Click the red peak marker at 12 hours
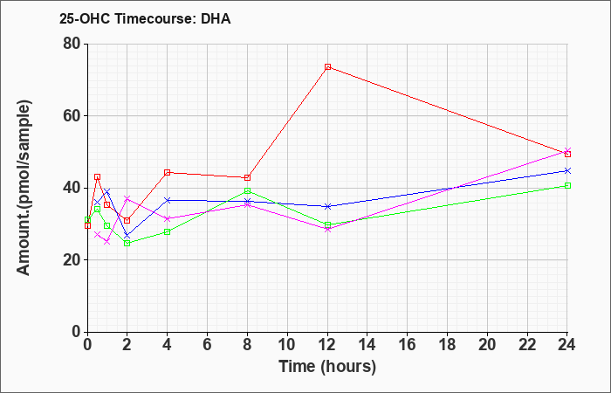pyautogui.click(x=327, y=67)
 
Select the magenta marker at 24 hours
pyautogui.click(x=567, y=150)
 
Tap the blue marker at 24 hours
pyautogui.click(x=567, y=171)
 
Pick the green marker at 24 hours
pyautogui.click(x=567, y=185)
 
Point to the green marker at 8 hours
pyautogui.click(x=247, y=191)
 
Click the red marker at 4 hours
pyautogui.click(x=168, y=173)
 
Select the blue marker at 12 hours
pyautogui.click(x=327, y=207)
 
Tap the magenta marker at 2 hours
pyautogui.click(x=127, y=199)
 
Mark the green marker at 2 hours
pyautogui.click(x=127, y=244)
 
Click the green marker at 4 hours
pyautogui.click(x=168, y=232)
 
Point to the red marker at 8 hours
pyautogui.click(x=247, y=178)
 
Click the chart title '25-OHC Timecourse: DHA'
pyautogui.click(x=145, y=18)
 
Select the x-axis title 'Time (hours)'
pyautogui.click(x=327, y=367)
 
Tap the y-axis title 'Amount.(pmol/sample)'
pyautogui.click(x=24, y=188)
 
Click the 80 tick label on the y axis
pyautogui.click(x=72, y=44)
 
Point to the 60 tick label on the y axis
pyautogui.click(x=72, y=116)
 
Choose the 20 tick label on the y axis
pyautogui.click(x=72, y=260)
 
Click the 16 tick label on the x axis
pyautogui.click(x=408, y=345)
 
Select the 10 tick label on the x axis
pyautogui.click(x=287, y=345)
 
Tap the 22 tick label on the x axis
pyautogui.click(x=527, y=345)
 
